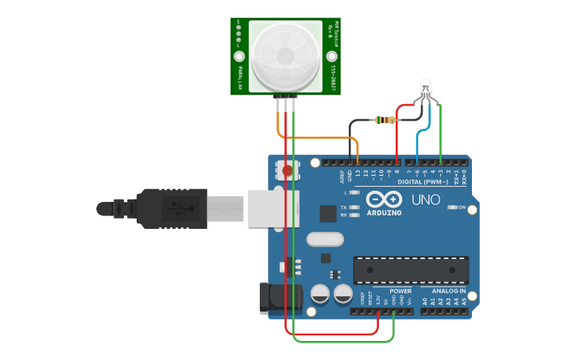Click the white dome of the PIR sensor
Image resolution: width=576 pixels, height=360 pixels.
click(285, 56)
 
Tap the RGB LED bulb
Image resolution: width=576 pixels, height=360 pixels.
click(425, 88)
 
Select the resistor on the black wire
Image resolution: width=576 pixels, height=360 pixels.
click(386, 120)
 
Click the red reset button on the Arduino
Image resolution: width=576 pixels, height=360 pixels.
click(288, 170)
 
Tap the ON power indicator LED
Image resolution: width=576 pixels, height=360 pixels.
click(451, 207)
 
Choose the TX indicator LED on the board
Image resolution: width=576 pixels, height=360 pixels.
click(355, 207)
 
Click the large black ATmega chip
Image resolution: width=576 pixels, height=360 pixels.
click(410, 269)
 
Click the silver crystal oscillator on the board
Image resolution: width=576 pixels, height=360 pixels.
click(324, 238)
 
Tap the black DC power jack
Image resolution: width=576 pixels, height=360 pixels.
click(277, 297)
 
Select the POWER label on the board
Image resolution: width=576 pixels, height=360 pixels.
click(400, 291)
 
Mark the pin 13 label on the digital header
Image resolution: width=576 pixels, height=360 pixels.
click(358, 172)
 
